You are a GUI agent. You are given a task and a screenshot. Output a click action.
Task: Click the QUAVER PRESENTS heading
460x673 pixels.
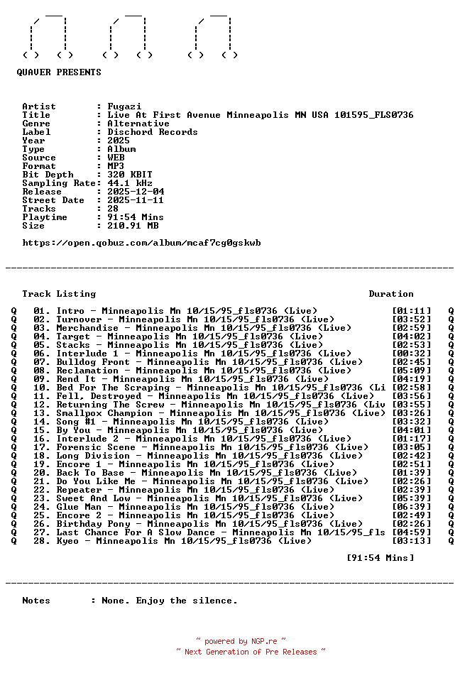pos(59,72)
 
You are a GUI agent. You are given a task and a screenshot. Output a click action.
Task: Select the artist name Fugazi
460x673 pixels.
pos(124,106)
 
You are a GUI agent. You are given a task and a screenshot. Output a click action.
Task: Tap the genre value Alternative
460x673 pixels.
pos(138,124)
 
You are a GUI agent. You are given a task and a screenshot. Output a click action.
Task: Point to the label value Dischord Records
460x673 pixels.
pos(153,132)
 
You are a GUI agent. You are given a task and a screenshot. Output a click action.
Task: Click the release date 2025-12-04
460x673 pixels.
pos(136,192)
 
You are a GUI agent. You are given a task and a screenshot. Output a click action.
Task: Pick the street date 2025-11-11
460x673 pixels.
pos(136,200)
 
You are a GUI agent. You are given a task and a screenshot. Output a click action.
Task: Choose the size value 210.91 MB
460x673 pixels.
pos(133,226)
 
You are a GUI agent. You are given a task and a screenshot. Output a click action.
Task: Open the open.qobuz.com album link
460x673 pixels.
pos(141,243)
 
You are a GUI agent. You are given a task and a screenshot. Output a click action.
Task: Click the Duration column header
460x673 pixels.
pos(391,294)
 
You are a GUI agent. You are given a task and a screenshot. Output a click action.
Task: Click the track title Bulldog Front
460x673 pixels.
pos(93,362)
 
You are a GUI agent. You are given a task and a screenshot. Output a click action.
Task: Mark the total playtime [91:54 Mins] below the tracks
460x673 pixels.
pos(380,558)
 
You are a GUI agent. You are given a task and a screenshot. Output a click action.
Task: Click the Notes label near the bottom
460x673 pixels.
pos(36,601)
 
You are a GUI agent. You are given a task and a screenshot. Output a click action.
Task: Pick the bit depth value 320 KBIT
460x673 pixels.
pos(130,175)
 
